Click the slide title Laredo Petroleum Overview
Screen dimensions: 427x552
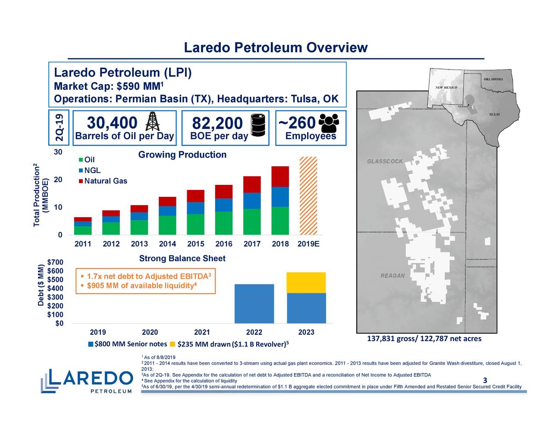coord(276,48)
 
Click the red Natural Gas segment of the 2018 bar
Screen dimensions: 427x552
coord(280,176)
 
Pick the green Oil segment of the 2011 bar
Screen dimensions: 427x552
coord(83,230)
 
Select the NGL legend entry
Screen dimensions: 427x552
coord(92,171)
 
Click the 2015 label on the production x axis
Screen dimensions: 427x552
coord(196,244)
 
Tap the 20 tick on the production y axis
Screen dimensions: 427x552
coord(58,180)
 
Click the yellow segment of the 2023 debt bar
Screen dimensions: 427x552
coord(306,282)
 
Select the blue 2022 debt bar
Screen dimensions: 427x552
coord(254,304)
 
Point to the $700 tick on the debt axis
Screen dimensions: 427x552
coord(55,263)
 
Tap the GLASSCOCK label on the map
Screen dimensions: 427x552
coord(385,161)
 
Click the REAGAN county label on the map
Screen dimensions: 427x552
coord(392,276)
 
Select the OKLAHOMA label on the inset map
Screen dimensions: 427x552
coord(493,79)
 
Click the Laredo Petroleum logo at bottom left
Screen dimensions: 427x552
coord(87,381)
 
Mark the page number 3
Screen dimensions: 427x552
coord(485,380)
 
